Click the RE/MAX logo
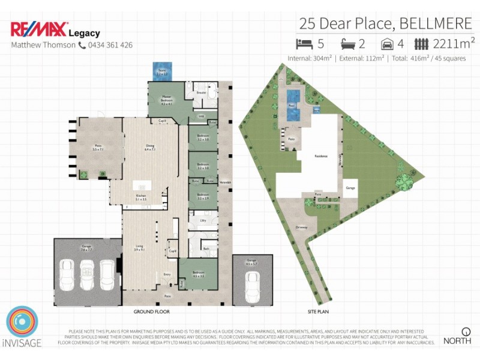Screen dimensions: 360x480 (38, 29)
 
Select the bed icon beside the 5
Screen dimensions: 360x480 (304, 44)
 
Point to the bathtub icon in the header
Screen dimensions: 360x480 (349, 44)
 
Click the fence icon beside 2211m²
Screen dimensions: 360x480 (422, 44)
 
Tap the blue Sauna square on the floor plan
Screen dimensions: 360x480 (161, 70)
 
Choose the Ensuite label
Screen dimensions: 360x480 (202, 94)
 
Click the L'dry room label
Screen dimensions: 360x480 (203, 221)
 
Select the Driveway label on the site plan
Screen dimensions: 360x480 (301, 227)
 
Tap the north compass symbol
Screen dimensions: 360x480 (466, 331)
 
